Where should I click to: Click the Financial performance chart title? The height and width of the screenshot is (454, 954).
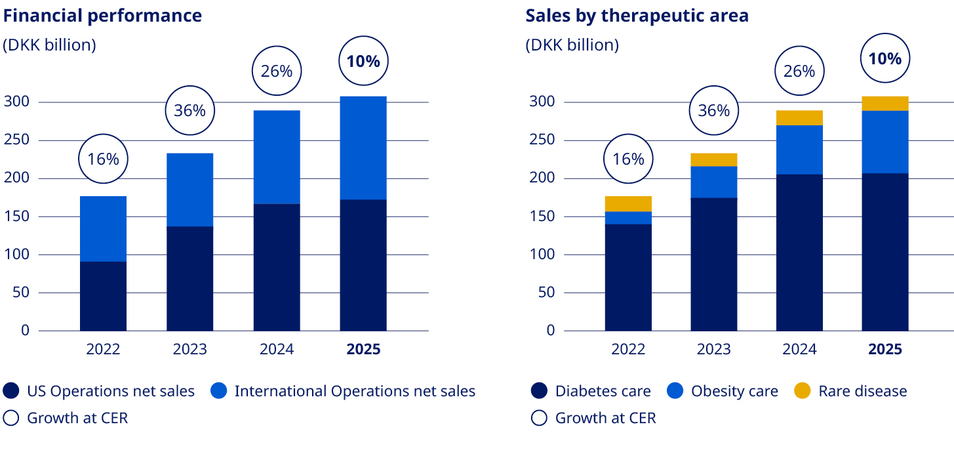click(102, 16)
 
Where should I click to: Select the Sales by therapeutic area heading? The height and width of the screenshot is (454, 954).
click(637, 16)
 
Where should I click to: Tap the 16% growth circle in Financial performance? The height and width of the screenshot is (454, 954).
click(103, 159)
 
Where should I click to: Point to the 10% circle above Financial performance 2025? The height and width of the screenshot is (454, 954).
click(363, 62)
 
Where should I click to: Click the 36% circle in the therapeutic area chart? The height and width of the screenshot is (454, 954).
click(713, 110)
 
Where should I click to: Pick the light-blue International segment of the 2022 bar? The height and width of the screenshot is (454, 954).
click(103, 228)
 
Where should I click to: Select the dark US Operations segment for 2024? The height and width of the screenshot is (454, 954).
click(277, 267)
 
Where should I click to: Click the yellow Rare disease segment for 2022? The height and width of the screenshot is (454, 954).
click(628, 203)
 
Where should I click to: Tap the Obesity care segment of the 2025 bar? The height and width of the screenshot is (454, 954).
click(885, 142)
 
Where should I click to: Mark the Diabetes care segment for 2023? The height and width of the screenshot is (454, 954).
click(713, 264)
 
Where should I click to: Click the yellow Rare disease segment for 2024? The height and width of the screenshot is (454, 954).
click(799, 117)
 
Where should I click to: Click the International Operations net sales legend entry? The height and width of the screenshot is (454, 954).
click(343, 392)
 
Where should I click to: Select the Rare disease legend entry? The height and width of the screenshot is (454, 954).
click(850, 392)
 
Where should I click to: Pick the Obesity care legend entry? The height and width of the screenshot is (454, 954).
click(723, 392)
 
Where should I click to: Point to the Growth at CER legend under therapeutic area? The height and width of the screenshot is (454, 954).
click(593, 418)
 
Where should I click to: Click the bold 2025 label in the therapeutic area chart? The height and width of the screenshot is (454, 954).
click(885, 350)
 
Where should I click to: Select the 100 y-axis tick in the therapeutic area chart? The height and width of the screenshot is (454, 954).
click(542, 255)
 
